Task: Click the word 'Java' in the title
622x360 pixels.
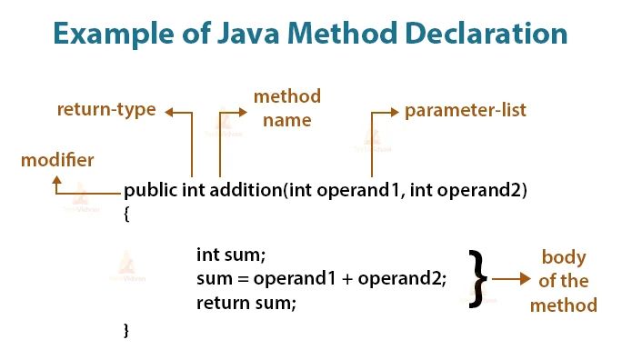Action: click(x=259, y=34)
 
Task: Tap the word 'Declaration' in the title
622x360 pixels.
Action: click(x=490, y=34)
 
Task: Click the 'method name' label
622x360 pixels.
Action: click(x=286, y=107)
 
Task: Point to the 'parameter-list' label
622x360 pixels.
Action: click(x=466, y=112)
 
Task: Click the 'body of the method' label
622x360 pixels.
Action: click(x=564, y=280)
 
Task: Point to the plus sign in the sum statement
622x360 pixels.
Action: click(x=346, y=279)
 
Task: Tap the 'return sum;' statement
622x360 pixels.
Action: click(x=246, y=302)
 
